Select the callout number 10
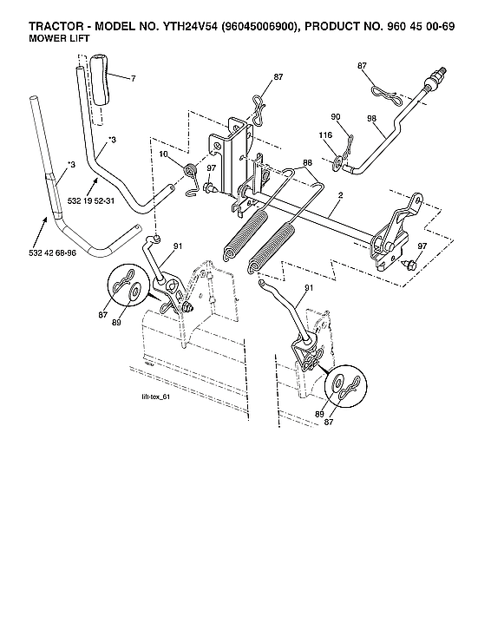[x=163, y=154]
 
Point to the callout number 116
[x=325, y=136]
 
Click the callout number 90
[x=336, y=115]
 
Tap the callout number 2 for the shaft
[x=341, y=198]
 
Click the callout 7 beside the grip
[x=133, y=79]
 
